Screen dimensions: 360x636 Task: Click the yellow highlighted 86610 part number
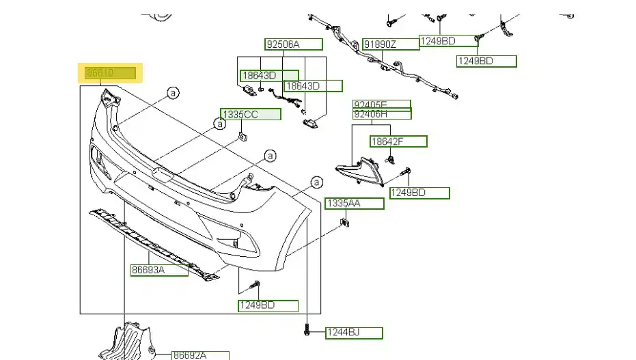tap(110, 73)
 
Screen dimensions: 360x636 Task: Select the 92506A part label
tap(293, 44)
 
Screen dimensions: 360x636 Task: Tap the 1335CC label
tap(250, 115)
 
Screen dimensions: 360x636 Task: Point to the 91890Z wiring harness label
tap(390, 44)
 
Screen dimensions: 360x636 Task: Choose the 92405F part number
tap(382, 105)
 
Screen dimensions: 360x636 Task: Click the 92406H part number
tap(382, 115)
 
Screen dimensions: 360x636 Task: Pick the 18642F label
tap(398, 141)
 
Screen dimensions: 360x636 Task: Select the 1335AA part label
tap(354, 204)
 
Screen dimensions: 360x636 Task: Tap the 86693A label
tap(159, 271)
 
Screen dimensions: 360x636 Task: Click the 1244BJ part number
tap(353, 333)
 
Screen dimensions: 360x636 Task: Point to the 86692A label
tap(199, 355)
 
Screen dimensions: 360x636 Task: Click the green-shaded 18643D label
tap(269, 75)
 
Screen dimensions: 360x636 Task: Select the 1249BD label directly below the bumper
tap(268, 306)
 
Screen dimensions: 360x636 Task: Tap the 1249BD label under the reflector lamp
tap(419, 193)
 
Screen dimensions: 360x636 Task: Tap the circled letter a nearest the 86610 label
tap(174, 92)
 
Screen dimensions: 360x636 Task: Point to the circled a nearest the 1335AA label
tap(316, 182)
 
